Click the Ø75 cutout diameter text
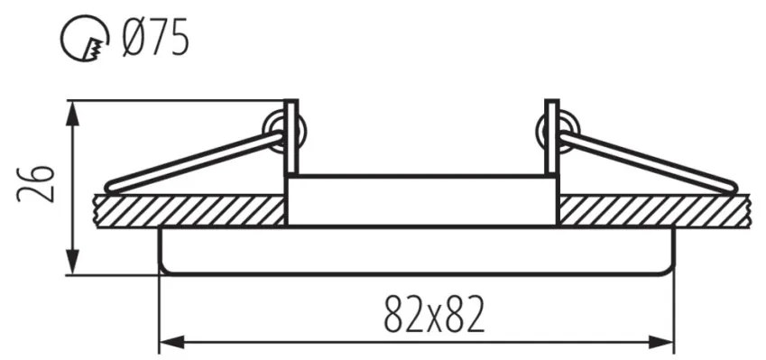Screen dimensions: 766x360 pyautogui.click(x=155, y=38)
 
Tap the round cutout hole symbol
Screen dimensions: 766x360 pyautogui.click(x=84, y=38)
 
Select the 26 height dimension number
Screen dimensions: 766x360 pyautogui.click(x=35, y=184)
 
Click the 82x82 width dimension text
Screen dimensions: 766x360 pyautogui.click(x=434, y=314)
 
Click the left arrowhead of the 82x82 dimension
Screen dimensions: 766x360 pyautogui.click(x=172, y=342)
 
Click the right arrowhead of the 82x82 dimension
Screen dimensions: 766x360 pyautogui.click(x=661, y=342)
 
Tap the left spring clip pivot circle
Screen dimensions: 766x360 pyautogui.click(x=284, y=131)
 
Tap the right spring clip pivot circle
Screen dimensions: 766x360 pyautogui.click(x=558, y=131)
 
